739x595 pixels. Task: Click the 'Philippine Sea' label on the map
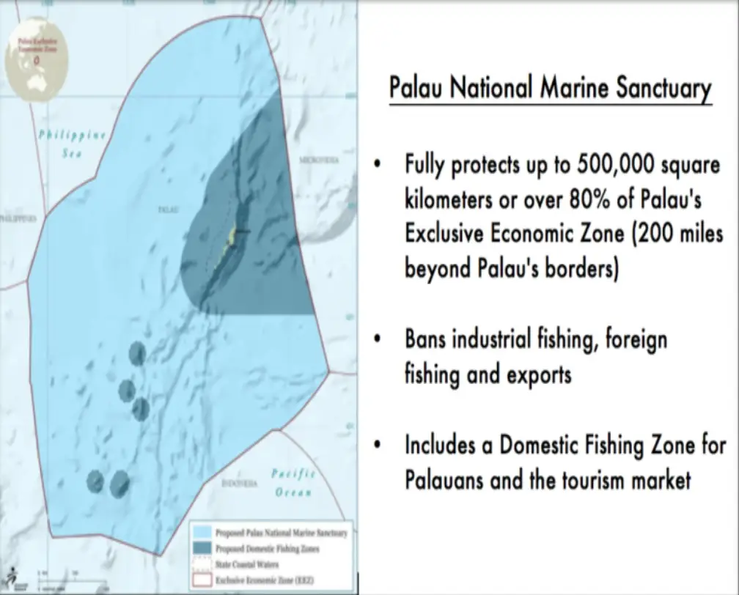[73, 144]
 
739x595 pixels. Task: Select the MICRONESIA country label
[319, 159]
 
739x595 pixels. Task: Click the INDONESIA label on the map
[239, 484]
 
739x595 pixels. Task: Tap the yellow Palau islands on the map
[231, 239]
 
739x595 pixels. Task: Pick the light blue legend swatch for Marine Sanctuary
[202, 532]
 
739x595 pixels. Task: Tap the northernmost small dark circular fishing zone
[136, 354]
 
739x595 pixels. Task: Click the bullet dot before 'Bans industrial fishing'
[377, 340]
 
